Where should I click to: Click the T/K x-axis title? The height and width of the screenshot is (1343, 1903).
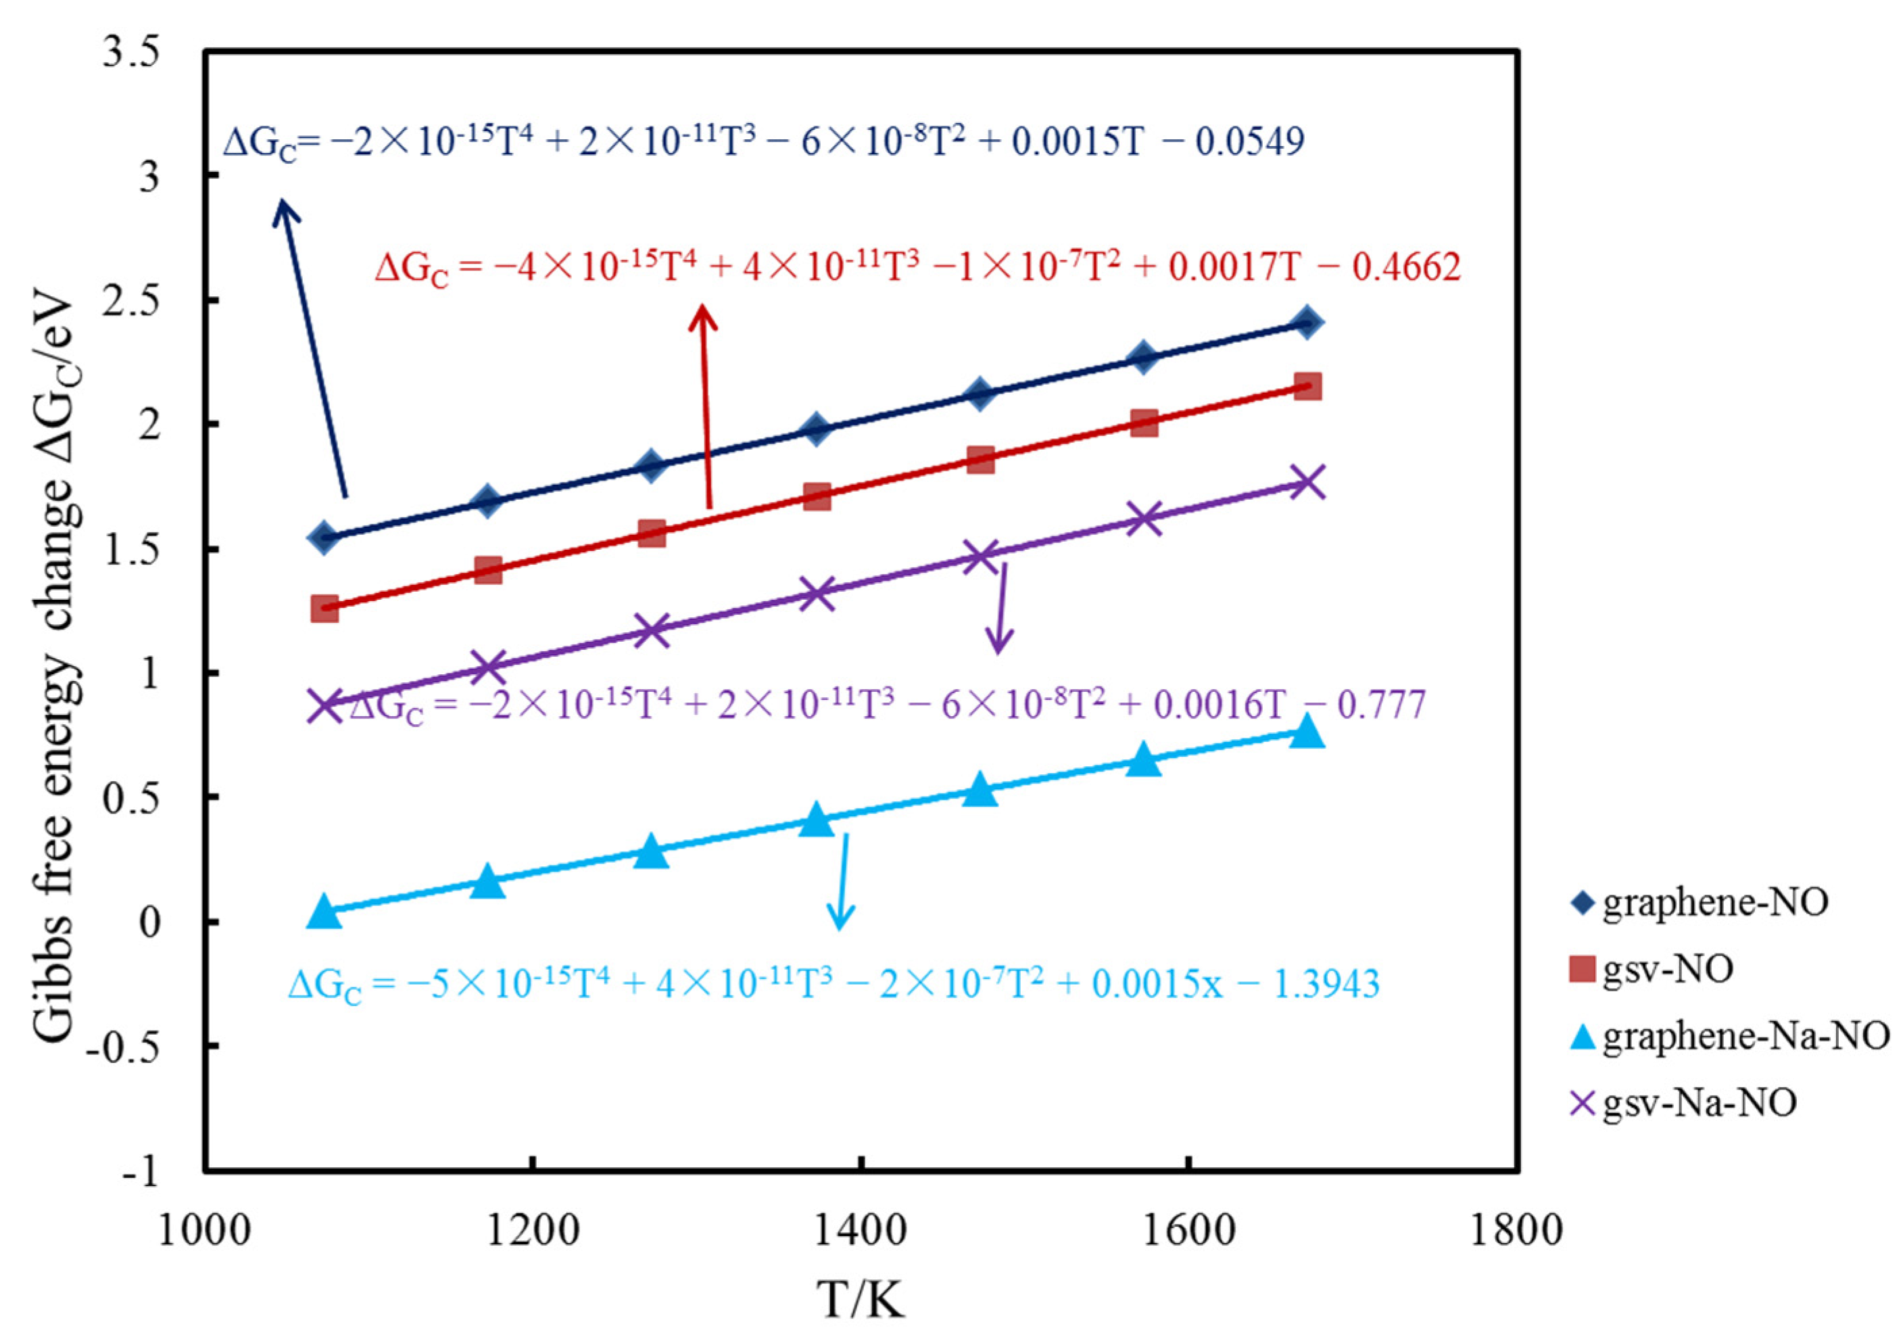coord(862,1300)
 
